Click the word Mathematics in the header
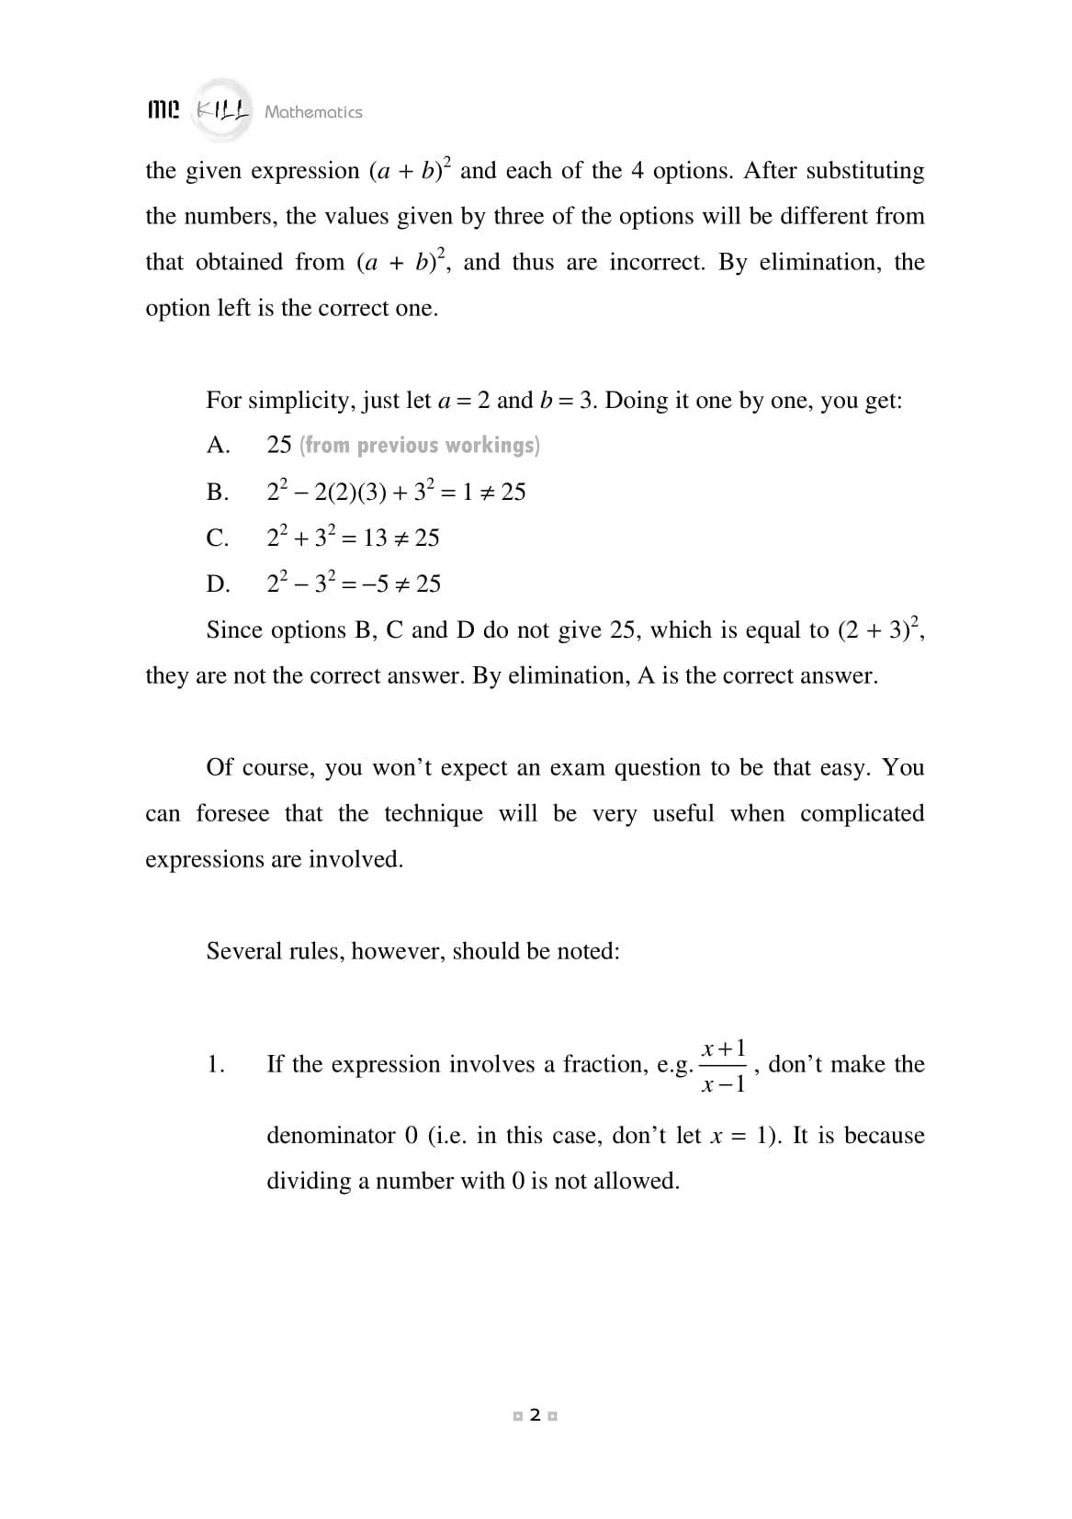click(x=313, y=112)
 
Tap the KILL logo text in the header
click(x=223, y=111)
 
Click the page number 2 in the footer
click(x=536, y=1416)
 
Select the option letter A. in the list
click(x=218, y=446)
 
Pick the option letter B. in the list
click(x=218, y=493)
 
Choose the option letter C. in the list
click(x=218, y=538)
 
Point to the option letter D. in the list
click(x=218, y=584)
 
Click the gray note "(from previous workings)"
click(x=420, y=446)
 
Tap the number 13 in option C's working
click(x=375, y=538)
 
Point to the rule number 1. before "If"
click(x=216, y=1064)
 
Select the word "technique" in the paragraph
click(x=433, y=814)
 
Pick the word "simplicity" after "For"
click(x=299, y=401)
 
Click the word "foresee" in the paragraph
click(x=232, y=814)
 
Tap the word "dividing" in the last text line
click(x=309, y=1181)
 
